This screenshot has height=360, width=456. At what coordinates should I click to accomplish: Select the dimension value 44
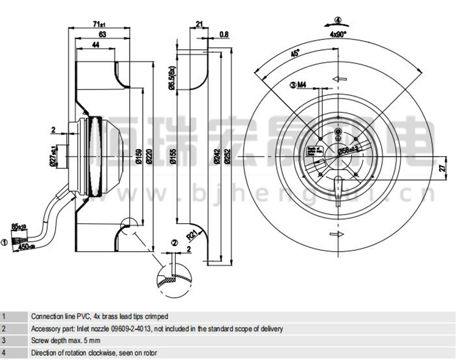click(95, 46)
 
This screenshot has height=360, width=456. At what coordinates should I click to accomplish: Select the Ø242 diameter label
click(217, 161)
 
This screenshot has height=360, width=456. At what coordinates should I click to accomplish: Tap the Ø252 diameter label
click(229, 161)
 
